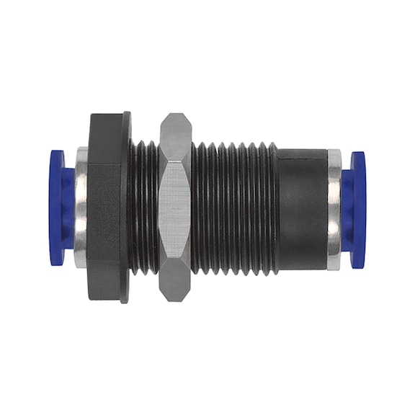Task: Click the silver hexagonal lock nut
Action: tap(175, 207)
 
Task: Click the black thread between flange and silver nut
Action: tap(145, 207)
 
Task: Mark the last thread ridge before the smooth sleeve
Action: tap(273, 207)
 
